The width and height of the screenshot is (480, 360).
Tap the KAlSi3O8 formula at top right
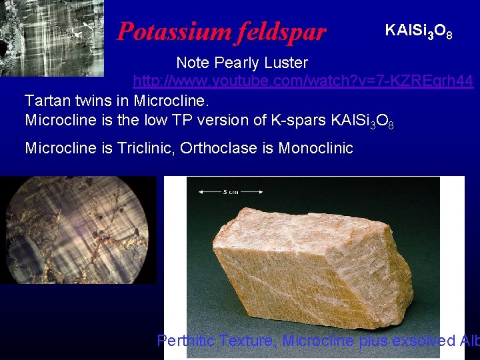tap(419, 31)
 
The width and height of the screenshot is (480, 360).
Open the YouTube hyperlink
tap(303, 81)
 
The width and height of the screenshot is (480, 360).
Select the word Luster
tap(288, 63)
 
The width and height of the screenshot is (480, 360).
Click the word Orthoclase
tap(221, 148)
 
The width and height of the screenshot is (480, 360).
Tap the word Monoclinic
tap(315, 148)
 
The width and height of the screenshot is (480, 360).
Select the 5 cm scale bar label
tap(231, 192)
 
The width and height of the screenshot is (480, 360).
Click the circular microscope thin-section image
tap(79, 231)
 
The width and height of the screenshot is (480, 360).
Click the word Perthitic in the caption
tap(185, 341)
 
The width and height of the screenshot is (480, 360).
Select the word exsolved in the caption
tap(423, 341)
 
